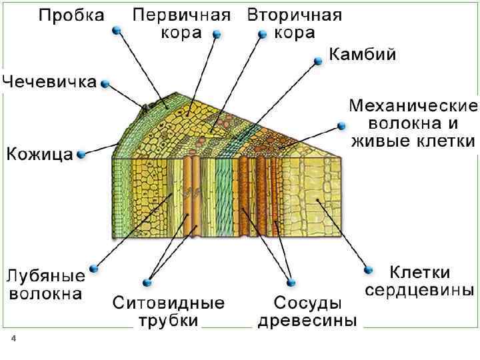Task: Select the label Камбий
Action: point(363,55)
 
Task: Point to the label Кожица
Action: point(40,155)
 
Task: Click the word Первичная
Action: point(182,15)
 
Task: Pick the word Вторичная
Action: point(295,15)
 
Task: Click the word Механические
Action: point(413,107)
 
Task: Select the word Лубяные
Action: point(46,275)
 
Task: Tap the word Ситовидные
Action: point(169,303)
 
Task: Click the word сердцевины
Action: point(420,291)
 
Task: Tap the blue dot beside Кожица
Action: point(81,155)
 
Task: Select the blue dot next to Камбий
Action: point(316,61)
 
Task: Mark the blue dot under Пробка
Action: point(116,30)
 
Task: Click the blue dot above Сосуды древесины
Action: point(289,281)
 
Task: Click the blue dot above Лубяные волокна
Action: point(93,269)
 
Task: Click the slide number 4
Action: point(13,341)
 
